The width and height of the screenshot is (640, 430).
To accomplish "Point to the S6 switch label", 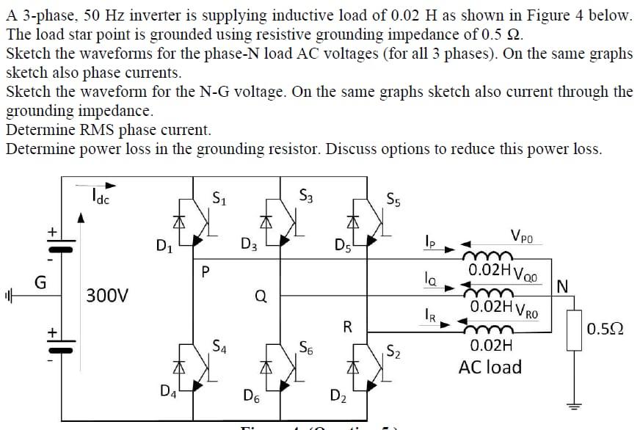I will pos(307,348).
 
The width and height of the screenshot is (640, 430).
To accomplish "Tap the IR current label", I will pos(430,316).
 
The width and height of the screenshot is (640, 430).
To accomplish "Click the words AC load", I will pos(490,366).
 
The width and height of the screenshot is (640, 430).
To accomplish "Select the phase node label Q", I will pos(260,296).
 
